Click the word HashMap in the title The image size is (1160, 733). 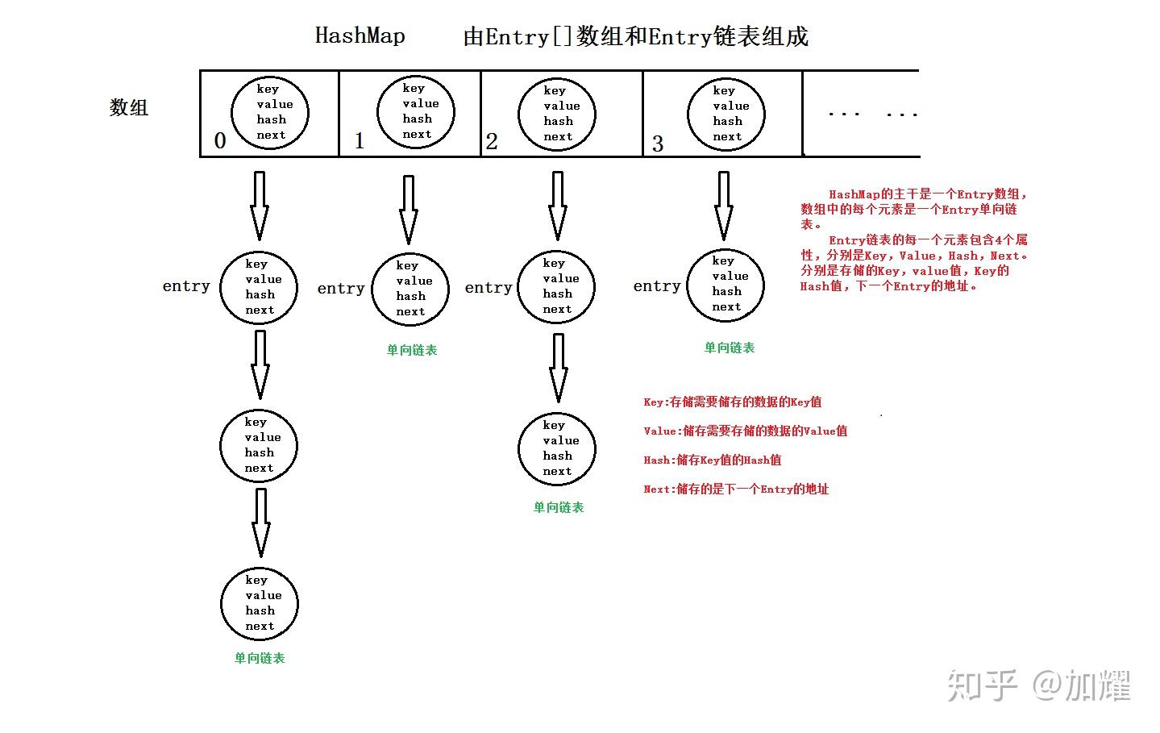pyautogui.click(x=360, y=36)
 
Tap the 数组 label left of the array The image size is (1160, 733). pyautogui.click(x=129, y=107)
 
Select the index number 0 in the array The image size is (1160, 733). pyautogui.click(x=219, y=141)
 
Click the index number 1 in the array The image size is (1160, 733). pyautogui.click(x=359, y=141)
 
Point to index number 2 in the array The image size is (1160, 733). pyautogui.click(x=492, y=143)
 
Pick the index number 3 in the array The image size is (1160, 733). pyautogui.click(x=658, y=144)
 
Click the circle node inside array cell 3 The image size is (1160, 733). pyautogui.click(x=726, y=114)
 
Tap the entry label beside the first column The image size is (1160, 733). pyautogui.click(x=186, y=286)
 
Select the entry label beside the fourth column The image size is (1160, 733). pyautogui.click(x=657, y=286)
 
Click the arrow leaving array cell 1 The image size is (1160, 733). pyautogui.click(x=409, y=210)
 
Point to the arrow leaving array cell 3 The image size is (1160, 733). pyautogui.click(x=723, y=206)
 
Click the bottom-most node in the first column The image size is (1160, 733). pyautogui.click(x=260, y=603)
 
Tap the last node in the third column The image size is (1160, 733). pyautogui.click(x=557, y=448)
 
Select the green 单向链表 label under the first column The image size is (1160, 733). pyautogui.click(x=260, y=658)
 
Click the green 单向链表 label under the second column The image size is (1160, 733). pyautogui.click(x=411, y=350)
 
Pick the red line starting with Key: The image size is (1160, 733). pyautogui.click(x=732, y=402)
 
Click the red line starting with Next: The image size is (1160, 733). pyautogui.click(x=735, y=489)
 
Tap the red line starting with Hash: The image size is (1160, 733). pyautogui.click(x=712, y=460)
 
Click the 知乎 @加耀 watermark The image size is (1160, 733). pyautogui.click(x=1039, y=685)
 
